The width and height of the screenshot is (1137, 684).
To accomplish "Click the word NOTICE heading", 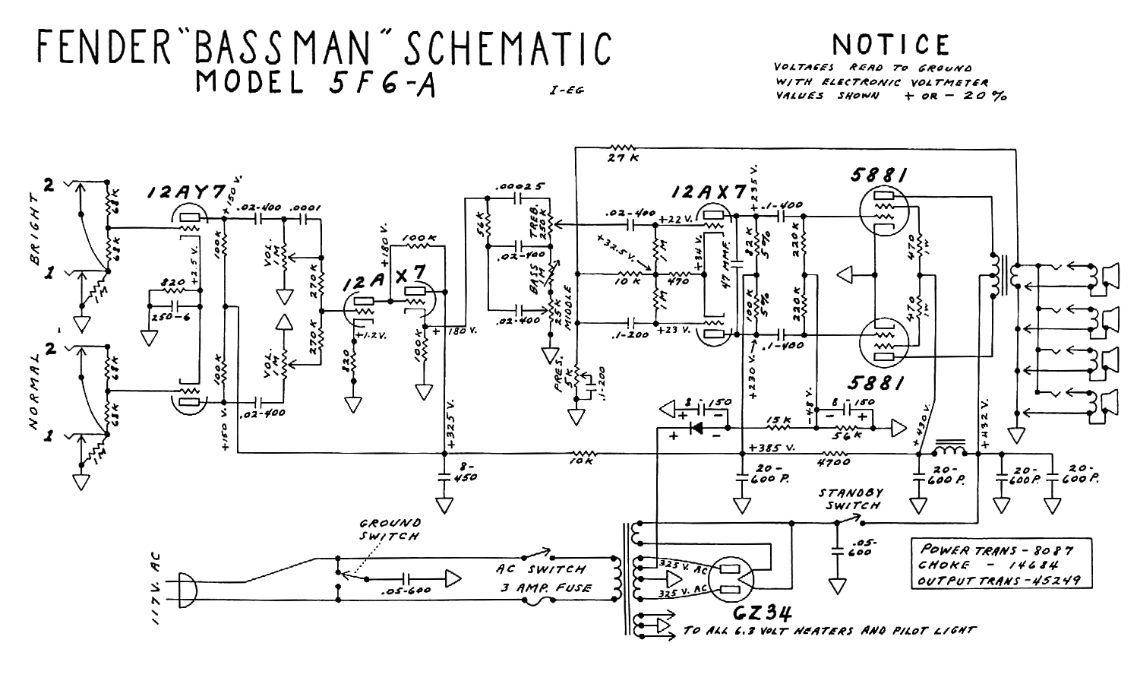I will pos(891,44).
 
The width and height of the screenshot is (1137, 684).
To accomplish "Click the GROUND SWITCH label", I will pos(389,529).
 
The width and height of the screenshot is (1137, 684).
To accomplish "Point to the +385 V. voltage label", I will pos(771,447).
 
